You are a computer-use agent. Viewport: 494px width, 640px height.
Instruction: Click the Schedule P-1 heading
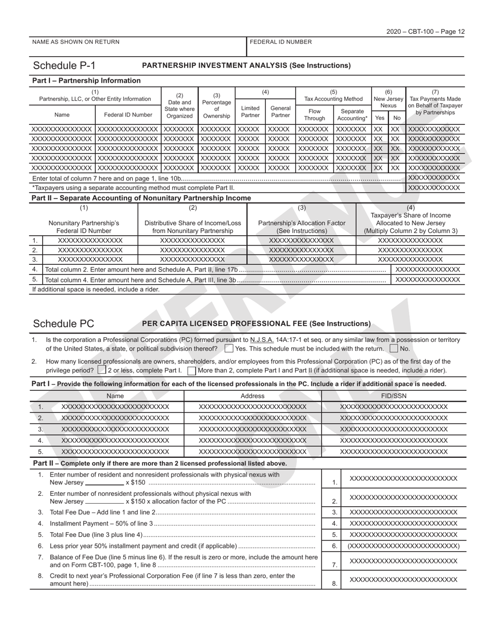tap(64, 66)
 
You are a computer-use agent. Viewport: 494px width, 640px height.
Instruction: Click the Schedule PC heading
tap(63, 324)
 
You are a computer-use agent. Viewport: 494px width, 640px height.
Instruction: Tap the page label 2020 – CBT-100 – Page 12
tap(425, 32)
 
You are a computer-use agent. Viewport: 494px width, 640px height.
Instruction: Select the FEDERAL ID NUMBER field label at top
tap(281, 42)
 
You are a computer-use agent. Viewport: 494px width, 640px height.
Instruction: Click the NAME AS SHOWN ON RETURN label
tap(76, 42)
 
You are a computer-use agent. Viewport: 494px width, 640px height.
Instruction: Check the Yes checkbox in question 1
tap(229, 349)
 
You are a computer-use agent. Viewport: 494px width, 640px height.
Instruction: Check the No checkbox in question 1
tap(394, 349)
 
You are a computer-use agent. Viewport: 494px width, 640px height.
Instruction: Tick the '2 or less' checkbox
tap(102, 370)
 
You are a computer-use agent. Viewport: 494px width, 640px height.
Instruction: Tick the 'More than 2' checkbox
tap(192, 370)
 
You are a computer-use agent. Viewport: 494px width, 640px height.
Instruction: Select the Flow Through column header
tap(315, 114)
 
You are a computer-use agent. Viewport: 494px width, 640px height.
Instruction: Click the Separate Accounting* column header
tap(352, 114)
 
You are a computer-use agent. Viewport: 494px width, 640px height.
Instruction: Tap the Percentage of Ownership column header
tap(216, 106)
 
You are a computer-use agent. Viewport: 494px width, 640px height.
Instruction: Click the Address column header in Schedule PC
tap(253, 396)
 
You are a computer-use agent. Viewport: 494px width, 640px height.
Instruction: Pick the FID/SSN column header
tap(394, 396)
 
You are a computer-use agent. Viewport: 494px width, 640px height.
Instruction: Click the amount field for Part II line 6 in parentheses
tap(404, 546)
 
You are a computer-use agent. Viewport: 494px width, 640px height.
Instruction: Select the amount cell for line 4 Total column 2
tap(428, 270)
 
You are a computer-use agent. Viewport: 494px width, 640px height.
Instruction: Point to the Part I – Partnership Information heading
tap(86, 81)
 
